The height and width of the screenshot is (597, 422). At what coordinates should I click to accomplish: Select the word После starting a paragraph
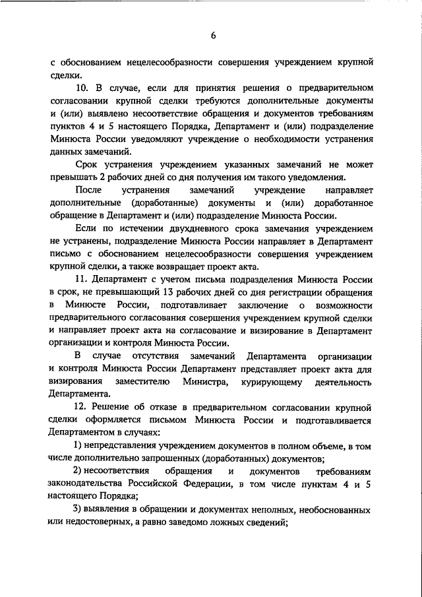pyautogui.click(x=90, y=190)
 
